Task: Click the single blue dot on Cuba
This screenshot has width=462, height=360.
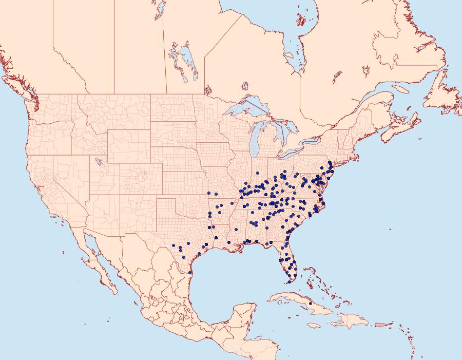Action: (x=311, y=304)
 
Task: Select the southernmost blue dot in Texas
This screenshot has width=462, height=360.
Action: (x=190, y=273)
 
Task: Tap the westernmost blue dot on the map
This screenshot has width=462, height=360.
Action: (x=174, y=245)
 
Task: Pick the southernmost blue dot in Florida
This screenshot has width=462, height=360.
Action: (x=290, y=281)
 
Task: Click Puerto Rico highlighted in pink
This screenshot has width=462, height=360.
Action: (x=380, y=325)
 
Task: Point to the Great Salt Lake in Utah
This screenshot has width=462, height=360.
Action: (x=97, y=162)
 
